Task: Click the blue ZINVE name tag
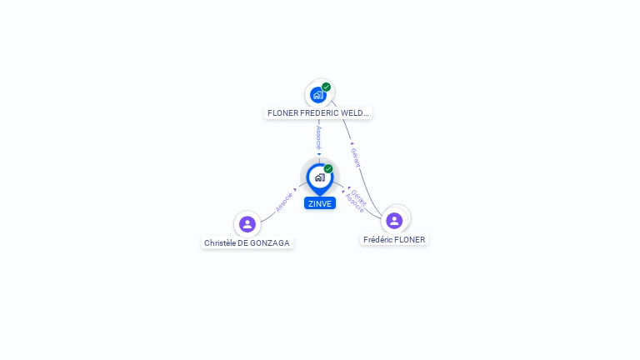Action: [319, 203]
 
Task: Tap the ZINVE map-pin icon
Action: [319, 177]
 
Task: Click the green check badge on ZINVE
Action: [328, 168]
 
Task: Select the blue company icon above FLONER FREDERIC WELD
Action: [317, 95]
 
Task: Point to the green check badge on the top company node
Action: [326, 87]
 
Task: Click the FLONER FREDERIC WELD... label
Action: [318, 112]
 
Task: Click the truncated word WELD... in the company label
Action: [357, 112]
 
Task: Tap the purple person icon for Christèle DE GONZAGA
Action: [247, 223]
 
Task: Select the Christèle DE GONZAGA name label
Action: [247, 243]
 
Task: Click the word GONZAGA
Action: [272, 243]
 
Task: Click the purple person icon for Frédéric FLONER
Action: [394, 220]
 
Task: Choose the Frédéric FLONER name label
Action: [394, 240]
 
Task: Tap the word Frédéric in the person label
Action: [378, 240]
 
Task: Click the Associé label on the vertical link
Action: [318, 137]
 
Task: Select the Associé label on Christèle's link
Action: [284, 201]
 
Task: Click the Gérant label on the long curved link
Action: [355, 157]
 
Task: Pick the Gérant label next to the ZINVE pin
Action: [359, 197]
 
